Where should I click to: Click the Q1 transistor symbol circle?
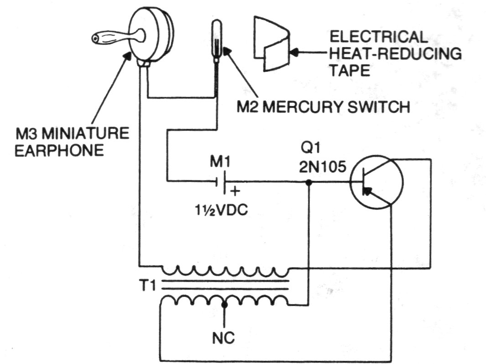point(376,182)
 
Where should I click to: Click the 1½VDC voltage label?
point(219,211)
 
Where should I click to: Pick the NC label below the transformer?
point(224,339)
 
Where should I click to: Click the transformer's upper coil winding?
point(225,271)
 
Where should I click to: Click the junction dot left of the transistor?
point(308,182)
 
